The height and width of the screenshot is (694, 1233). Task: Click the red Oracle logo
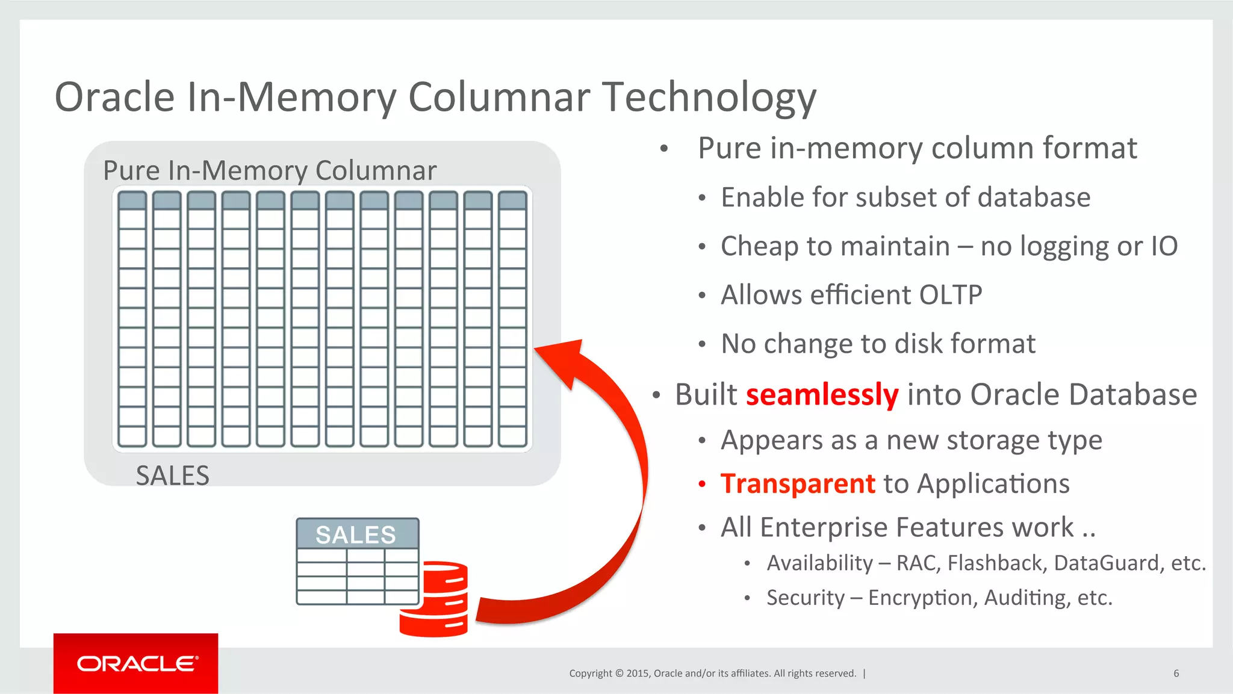click(136, 663)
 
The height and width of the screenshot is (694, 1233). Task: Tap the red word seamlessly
click(822, 395)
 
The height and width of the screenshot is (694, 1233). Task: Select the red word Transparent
click(798, 484)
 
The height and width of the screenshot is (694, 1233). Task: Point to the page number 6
click(1176, 674)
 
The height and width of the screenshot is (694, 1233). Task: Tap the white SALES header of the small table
click(356, 534)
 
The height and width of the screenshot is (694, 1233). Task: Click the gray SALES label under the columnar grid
click(173, 476)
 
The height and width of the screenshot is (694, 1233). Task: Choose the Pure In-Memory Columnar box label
click(270, 170)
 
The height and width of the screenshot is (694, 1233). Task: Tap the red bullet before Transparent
click(701, 484)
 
